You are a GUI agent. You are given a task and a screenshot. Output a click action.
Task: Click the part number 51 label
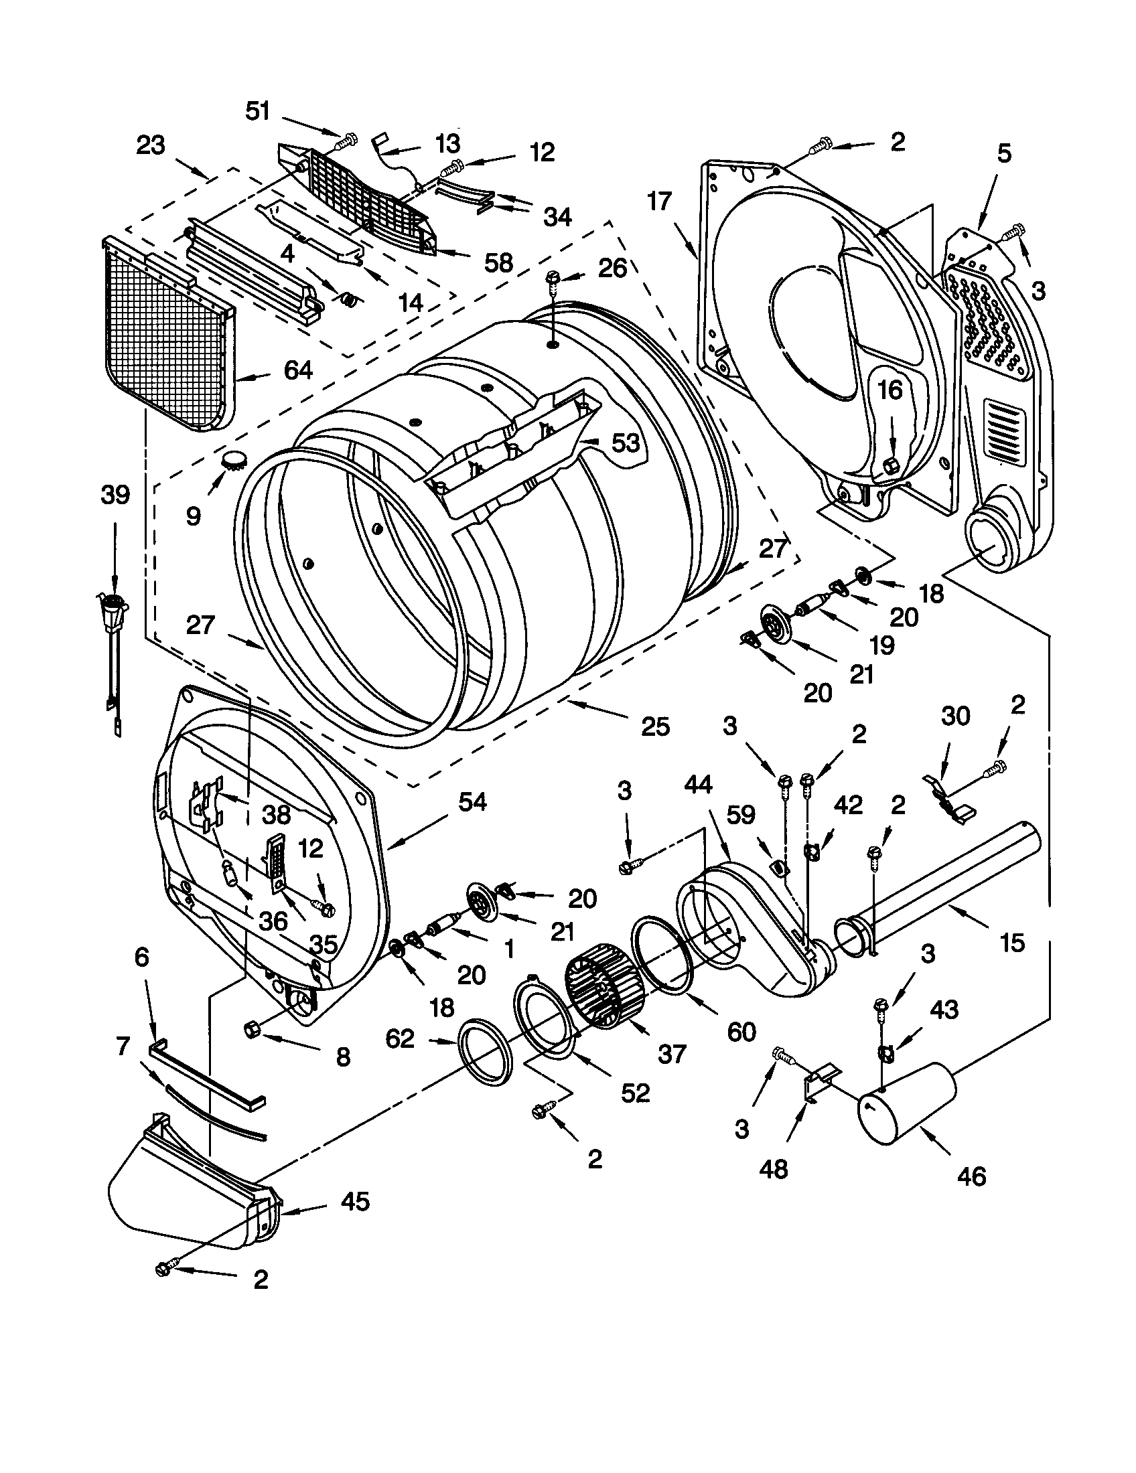257,110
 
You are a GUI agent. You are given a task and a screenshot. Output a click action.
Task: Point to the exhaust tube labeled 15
944,884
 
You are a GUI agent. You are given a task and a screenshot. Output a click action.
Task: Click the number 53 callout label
625,443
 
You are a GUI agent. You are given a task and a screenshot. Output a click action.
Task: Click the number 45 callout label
355,1200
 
